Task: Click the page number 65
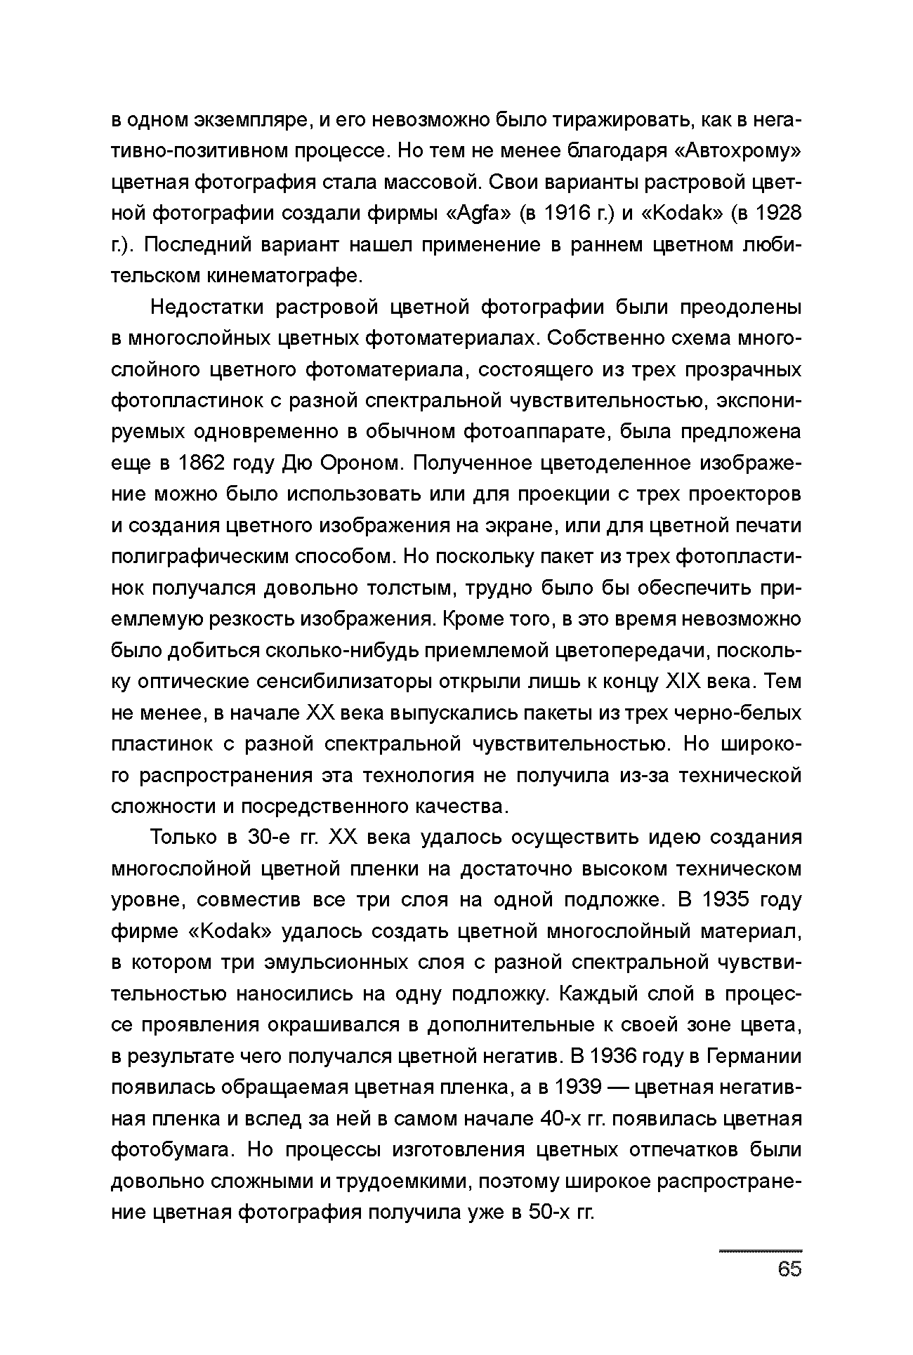(789, 1269)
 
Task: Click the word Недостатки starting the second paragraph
(208, 308)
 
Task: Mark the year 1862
(204, 463)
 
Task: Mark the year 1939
(577, 1088)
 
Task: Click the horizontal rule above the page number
(761, 1251)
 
